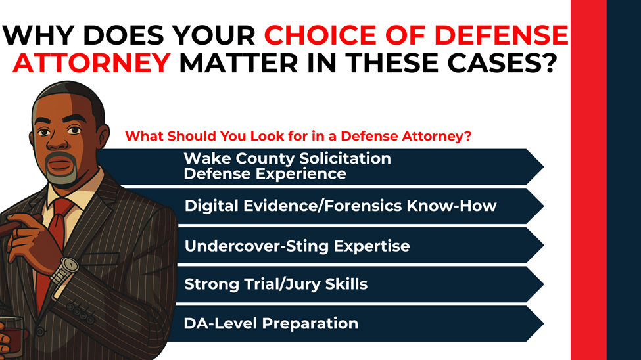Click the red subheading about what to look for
pyautogui.click(x=299, y=137)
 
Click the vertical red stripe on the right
pyautogui.click(x=588, y=180)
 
